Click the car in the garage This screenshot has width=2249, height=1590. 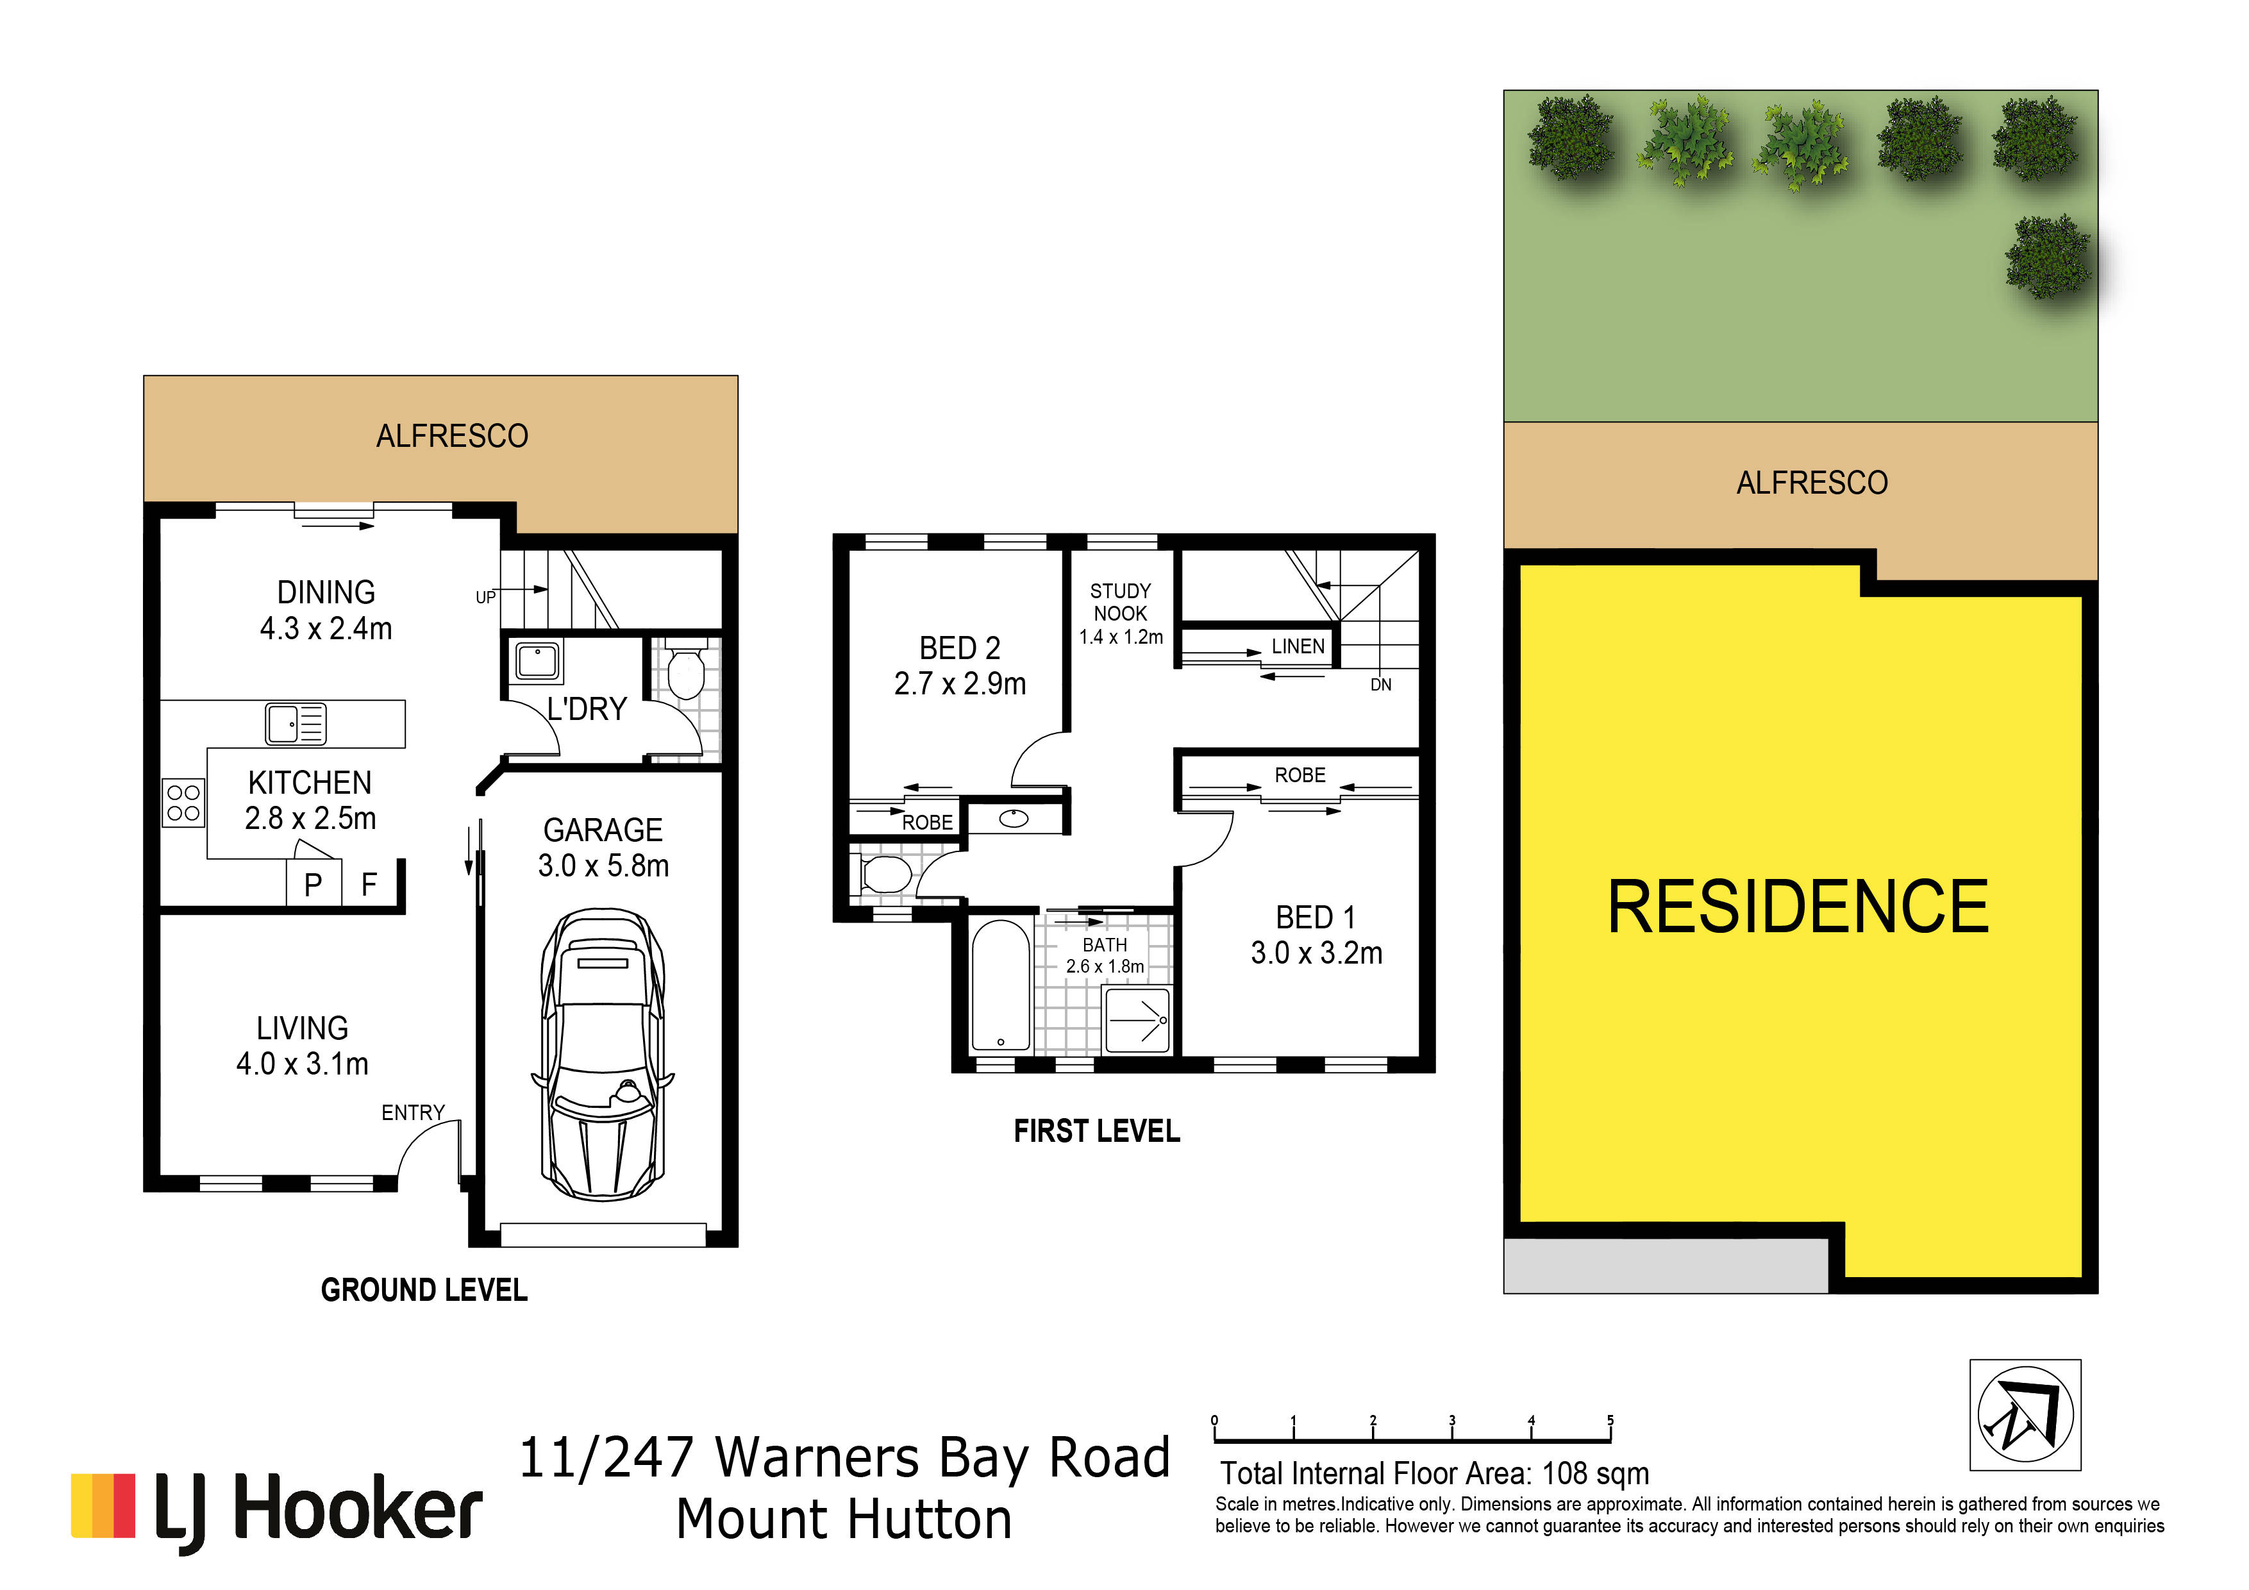603,1054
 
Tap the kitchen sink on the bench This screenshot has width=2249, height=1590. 296,724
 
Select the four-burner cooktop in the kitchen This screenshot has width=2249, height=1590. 183,802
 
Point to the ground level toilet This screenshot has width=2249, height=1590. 685,668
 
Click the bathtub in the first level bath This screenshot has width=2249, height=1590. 1000,985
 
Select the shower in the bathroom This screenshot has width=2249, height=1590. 1137,1020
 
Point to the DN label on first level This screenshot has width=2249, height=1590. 1381,685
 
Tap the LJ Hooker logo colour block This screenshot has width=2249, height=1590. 103,1505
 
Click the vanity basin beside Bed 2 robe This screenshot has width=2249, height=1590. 1014,818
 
